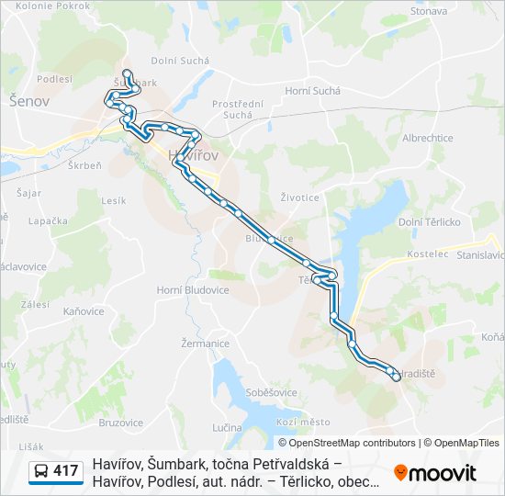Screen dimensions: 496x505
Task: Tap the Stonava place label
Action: pos(429,11)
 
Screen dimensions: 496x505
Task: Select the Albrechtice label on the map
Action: pos(428,138)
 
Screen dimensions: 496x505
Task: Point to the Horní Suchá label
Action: pos(312,91)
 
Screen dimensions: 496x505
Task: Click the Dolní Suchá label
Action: pos(180,61)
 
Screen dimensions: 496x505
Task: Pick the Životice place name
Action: pos(300,197)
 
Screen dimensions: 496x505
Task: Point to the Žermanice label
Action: pos(206,344)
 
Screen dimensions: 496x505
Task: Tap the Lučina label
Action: pos(227,428)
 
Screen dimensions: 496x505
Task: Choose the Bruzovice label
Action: pos(120,423)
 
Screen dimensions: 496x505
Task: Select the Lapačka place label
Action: pos(49,221)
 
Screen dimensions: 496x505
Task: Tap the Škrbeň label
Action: pos(84,164)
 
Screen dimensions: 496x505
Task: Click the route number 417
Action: pos(66,471)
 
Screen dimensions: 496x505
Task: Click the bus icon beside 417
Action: pos(41,471)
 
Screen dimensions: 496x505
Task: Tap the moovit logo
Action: pos(435,473)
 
